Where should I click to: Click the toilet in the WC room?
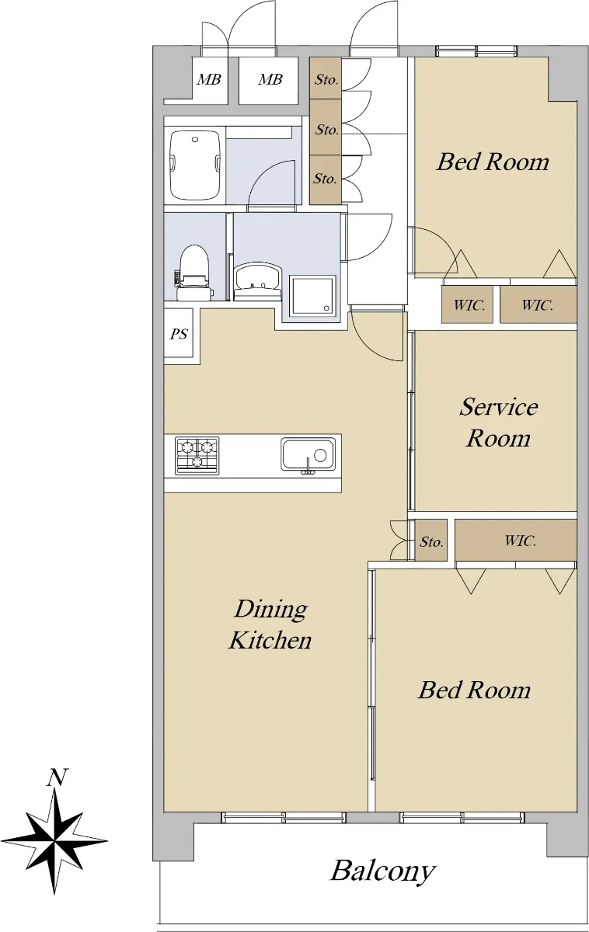click(x=193, y=273)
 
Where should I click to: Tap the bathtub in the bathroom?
click(x=195, y=165)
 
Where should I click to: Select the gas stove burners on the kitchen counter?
click(x=197, y=455)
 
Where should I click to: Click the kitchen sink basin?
click(x=308, y=454)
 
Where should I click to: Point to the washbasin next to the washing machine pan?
click(x=258, y=280)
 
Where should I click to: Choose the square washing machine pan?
click(x=313, y=295)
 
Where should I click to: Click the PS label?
click(x=179, y=334)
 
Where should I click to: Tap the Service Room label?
click(x=498, y=423)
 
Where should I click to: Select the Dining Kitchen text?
click(x=270, y=624)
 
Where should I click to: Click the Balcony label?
click(x=382, y=871)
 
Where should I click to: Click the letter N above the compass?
click(x=57, y=778)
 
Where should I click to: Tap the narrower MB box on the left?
click(x=209, y=79)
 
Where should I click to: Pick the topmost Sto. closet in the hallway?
click(x=326, y=78)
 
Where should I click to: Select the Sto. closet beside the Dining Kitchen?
click(x=431, y=540)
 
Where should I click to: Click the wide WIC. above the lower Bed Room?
click(x=516, y=540)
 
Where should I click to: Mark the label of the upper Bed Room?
click(x=493, y=162)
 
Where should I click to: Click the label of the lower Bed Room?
click(x=474, y=690)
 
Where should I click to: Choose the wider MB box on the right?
click(x=270, y=79)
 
